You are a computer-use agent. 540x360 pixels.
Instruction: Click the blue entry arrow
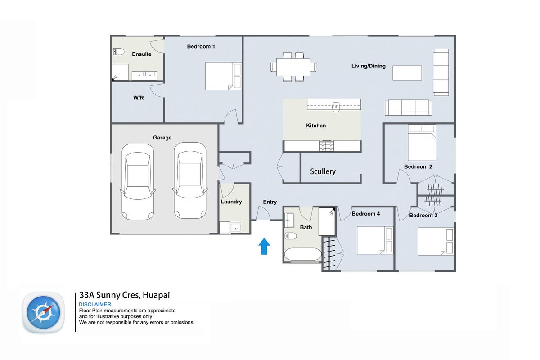(x=264, y=246)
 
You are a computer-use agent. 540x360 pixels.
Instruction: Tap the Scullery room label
(x=323, y=171)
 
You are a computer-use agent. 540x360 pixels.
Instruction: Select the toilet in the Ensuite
(x=118, y=52)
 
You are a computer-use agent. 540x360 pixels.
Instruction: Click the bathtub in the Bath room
(x=303, y=254)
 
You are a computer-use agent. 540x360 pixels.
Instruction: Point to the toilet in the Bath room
(x=291, y=236)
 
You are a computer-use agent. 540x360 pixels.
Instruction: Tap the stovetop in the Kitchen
(x=327, y=146)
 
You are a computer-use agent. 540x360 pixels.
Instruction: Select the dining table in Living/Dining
(x=293, y=67)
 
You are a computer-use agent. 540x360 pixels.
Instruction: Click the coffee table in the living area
(x=407, y=73)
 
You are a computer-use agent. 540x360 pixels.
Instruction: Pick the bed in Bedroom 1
(x=223, y=76)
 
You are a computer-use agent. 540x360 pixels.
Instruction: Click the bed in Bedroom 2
(x=422, y=143)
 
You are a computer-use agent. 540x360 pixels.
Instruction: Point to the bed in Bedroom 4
(x=375, y=240)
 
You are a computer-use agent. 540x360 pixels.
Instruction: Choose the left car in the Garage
(x=138, y=181)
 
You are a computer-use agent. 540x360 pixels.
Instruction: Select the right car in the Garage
(x=190, y=180)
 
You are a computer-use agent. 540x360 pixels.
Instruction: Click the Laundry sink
(x=235, y=227)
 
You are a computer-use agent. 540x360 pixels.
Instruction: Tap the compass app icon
(x=43, y=312)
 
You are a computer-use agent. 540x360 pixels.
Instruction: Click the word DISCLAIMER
(x=95, y=304)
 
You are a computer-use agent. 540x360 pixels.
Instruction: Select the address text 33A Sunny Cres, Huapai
(x=125, y=295)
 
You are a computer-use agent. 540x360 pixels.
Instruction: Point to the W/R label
(x=139, y=98)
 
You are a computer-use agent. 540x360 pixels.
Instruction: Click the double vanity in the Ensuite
(x=144, y=76)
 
